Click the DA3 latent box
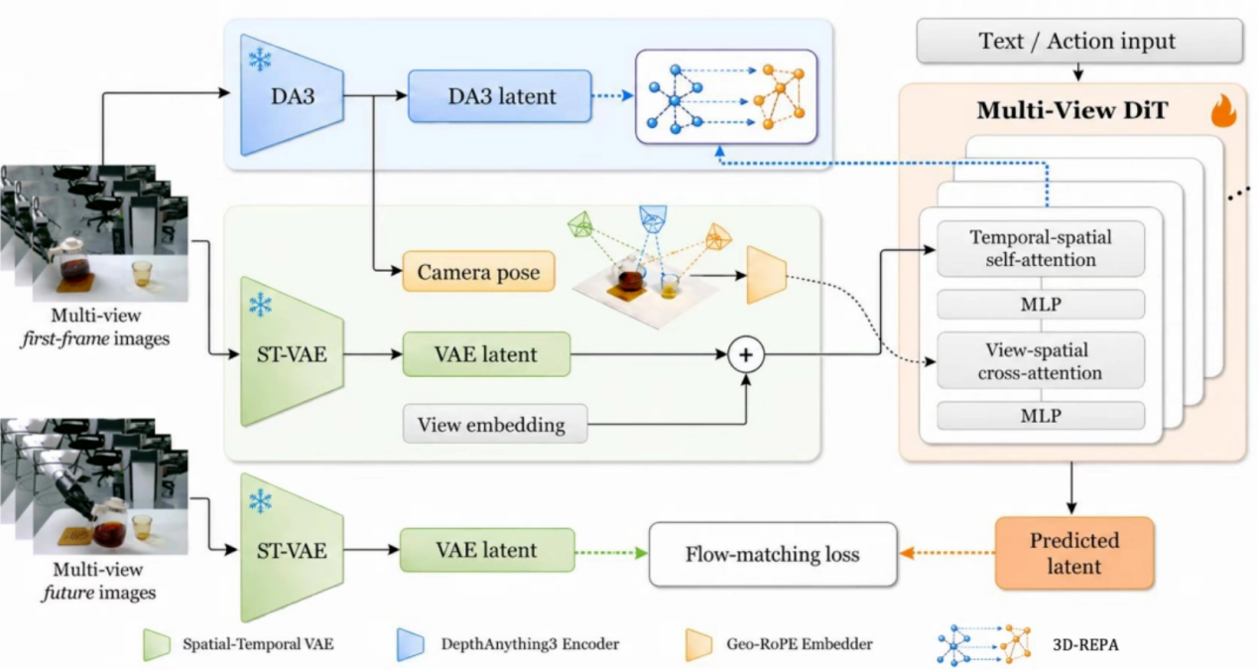[500, 96]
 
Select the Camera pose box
[478, 272]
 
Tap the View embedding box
[495, 424]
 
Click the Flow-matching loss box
[773, 555]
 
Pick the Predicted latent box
[1074, 553]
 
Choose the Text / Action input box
[1078, 41]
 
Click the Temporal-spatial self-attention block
[1041, 248]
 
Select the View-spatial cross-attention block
[1041, 360]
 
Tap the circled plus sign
[746, 354]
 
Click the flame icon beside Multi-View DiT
[1223, 110]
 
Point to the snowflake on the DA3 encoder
[260, 59]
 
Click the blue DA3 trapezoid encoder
[292, 95]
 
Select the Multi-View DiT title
[1072, 110]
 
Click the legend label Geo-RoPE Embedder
[800, 644]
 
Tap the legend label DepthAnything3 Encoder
[530, 644]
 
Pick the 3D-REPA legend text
[1085, 645]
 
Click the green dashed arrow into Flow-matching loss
[611, 553]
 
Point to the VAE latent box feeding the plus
[486, 354]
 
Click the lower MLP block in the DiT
[1041, 416]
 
